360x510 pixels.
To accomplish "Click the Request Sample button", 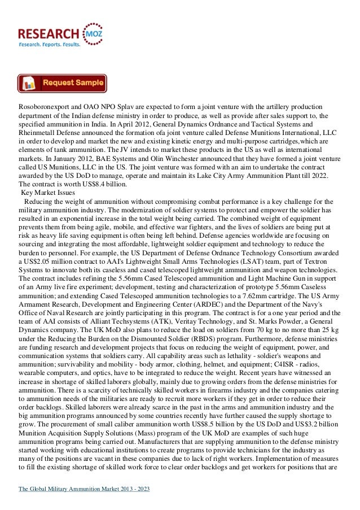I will (62, 83).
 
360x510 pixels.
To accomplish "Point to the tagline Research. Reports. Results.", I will (50, 43).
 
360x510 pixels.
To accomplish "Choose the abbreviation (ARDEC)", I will (207, 313).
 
